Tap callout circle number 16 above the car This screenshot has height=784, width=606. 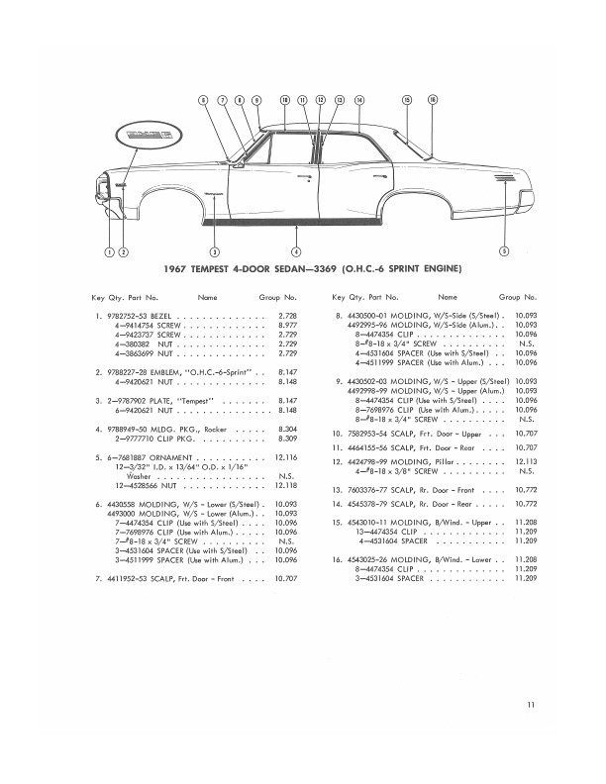pos(432,100)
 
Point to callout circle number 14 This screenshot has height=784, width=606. pos(359,100)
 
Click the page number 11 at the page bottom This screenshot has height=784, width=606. pos(532,704)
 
